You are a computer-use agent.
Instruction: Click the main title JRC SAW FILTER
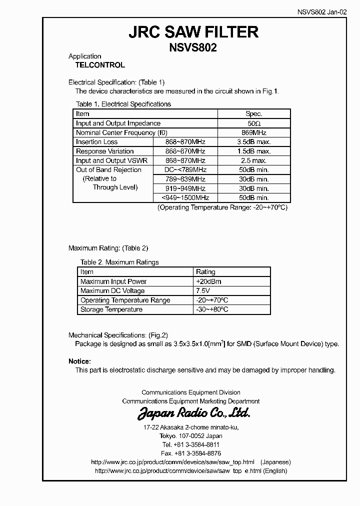coord(193,32)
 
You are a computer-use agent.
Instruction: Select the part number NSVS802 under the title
coord(193,49)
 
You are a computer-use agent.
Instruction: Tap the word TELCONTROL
coord(100,65)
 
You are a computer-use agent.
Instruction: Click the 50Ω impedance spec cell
coord(254,123)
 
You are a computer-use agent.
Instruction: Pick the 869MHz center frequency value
coord(254,133)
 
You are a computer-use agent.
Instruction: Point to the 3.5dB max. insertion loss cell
coord(254,142)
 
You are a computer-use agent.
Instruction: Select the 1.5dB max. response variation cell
coord(254,151)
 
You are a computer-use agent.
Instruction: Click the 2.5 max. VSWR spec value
coord(254,161)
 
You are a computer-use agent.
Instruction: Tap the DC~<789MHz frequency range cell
coord(185,170)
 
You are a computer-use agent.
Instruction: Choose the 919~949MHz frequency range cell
coord(185,188)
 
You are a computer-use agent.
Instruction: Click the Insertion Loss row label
coord(97,142)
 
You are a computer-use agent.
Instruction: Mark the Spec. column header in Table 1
coord(254,114)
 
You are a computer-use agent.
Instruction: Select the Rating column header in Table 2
coord(205,272)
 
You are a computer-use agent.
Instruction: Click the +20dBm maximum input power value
coord(209,281)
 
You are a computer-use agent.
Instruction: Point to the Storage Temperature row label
coord(111,309)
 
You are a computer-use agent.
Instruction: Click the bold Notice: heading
coord(79,361)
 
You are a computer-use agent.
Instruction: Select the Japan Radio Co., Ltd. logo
coord(193,413)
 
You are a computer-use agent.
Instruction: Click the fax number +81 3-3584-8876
coord(191,453)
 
